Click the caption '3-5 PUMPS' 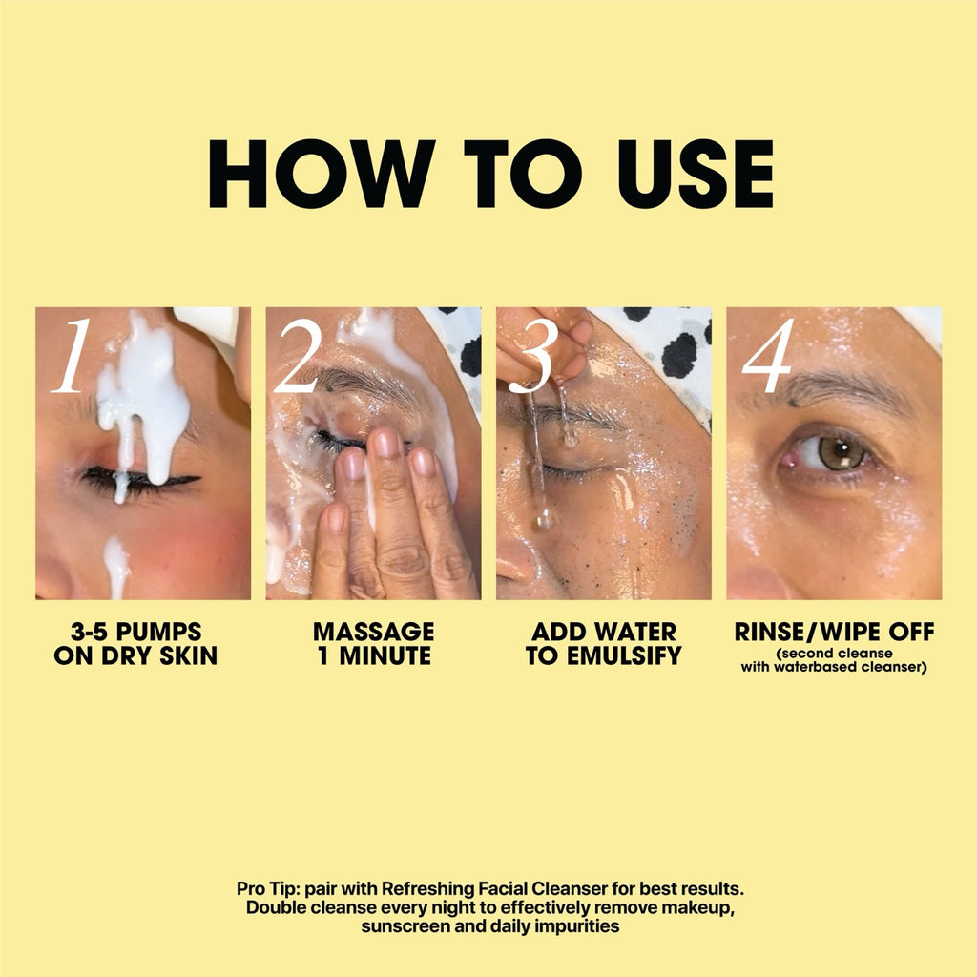point(136,632)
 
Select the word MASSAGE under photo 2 point(373,632)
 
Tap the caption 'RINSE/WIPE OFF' point(834,632)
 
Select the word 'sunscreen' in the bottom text point(401,925)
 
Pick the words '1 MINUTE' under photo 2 point(373,655)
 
